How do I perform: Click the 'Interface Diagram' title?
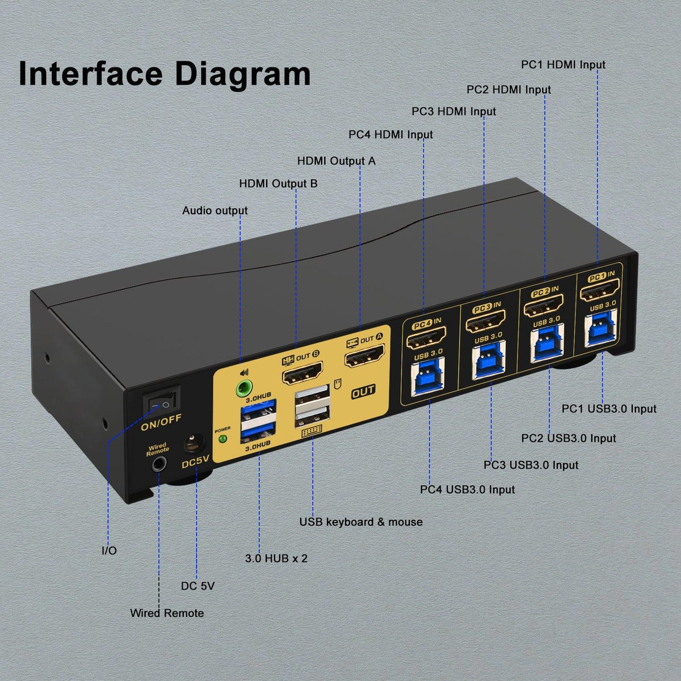click(165, 74)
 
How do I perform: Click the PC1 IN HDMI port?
click(598, 294)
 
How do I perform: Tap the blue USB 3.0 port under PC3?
click(486, 365)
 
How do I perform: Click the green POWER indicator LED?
click(222, 439)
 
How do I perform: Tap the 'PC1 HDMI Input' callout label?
click(563, 65)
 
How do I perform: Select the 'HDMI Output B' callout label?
click(278, 183)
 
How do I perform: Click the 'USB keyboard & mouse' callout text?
click(361, 522)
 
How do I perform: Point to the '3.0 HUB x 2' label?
click(276, 558)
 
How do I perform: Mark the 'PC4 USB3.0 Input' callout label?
click(468, 489)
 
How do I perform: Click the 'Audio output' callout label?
click(215, 211)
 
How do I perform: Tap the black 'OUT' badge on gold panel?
click(363, 390)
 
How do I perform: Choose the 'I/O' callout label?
click(109, 550)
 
